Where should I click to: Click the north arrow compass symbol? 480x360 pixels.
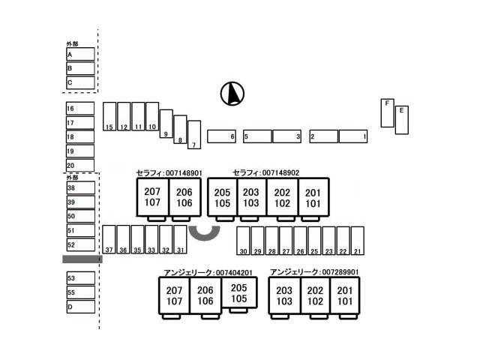point(233,94)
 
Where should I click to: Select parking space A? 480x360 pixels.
point(80,54)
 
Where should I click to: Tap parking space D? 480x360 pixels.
point(80,306)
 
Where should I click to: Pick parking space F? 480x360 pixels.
point(387,112)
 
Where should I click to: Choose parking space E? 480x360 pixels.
point(401,120)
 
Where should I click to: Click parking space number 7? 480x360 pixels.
point(194,135)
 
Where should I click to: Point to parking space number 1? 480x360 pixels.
point(352,136)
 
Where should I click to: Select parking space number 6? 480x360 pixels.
point(221,136)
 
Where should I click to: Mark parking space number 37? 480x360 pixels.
point(109,240)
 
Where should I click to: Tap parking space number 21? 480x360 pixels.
point(357,240)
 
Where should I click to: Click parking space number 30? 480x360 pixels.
point(243,240)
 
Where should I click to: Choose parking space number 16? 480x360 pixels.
point(80,108)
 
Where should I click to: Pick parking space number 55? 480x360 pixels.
point(80,292)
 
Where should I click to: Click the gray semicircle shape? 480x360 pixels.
point(204,233)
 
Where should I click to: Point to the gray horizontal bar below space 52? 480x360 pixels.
point(81,259)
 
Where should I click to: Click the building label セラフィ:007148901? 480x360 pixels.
point(169,172)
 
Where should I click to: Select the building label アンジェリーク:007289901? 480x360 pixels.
point(313,271)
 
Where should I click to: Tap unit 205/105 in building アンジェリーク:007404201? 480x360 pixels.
point(238,293)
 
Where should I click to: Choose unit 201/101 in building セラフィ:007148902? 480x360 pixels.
point(313,197)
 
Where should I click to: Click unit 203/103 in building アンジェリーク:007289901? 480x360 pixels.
point(284,295)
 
